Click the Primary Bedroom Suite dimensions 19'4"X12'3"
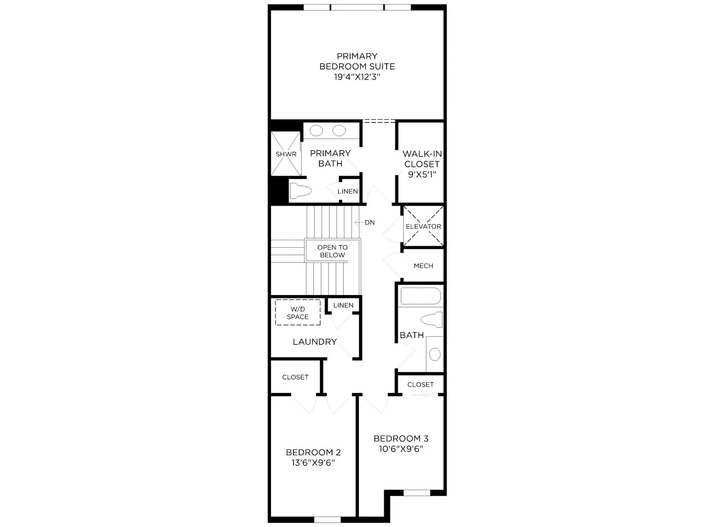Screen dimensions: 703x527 (x=357, y=77)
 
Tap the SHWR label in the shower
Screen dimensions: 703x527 (x=286, y=154)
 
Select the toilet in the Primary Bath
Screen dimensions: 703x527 (x=301, y=191)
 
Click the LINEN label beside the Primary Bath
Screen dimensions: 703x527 (x=348, y=191)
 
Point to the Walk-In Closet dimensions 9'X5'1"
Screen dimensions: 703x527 (x=422, y=174)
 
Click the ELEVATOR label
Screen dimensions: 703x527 (x=424, y=227)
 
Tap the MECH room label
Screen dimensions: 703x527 (x=424, y=266)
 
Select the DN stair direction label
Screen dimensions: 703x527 (x=370, y=223)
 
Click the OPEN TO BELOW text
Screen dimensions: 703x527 (x=333, y=251)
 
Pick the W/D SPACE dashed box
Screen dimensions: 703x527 (x=297, y=313)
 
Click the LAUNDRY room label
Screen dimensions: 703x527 (x=315, y=342)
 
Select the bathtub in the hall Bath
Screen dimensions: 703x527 (x=420, y=296)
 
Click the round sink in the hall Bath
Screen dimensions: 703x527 (x=435, y=354)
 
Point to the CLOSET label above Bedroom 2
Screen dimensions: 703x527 (x=295, y=377)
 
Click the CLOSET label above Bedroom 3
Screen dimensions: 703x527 (x=420, y=385)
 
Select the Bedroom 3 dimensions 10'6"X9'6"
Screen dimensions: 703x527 (x=401, y=449)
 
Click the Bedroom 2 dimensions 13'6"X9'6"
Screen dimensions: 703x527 (x=313, y=463)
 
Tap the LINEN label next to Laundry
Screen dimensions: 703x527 (x=343, y=305)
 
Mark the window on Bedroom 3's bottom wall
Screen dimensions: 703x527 (x=417, y=493)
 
